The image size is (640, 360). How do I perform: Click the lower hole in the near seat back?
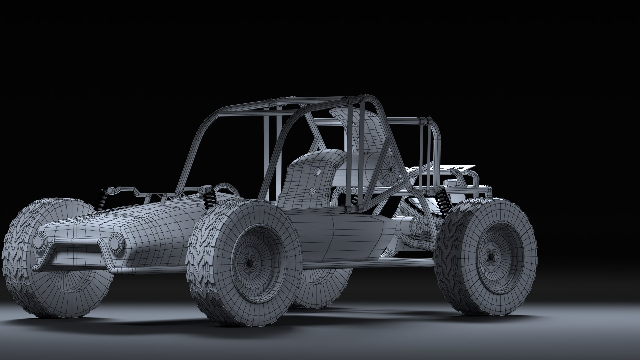click(313, 191)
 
